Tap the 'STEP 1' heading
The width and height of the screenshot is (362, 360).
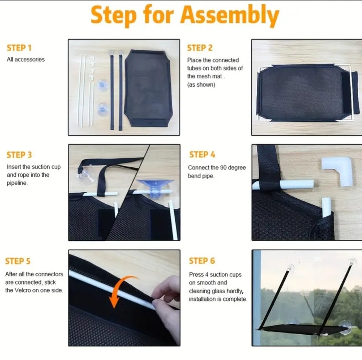[19, 48]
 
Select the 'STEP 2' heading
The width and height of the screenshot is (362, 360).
[200, 48]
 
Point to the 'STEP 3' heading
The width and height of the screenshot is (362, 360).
[19, 155]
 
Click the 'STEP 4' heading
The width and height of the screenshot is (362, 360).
[202, 155]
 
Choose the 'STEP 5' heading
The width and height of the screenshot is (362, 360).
[18, 261]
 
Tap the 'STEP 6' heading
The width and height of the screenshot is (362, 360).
[202, 261]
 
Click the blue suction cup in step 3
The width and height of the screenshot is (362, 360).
[155, 187]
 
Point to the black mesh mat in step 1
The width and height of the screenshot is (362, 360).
[147, 88]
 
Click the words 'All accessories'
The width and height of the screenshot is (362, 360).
[26, 60]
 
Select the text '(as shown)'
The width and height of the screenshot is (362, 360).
[201, 85]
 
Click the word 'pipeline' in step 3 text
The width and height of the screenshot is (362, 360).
[17, 183]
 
